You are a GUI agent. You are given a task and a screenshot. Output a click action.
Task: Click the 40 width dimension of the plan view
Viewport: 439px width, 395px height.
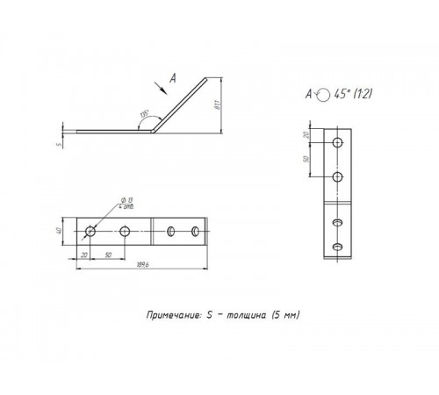(70, 231)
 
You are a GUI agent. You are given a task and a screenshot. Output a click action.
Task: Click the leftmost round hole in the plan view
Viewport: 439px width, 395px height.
(90, 232)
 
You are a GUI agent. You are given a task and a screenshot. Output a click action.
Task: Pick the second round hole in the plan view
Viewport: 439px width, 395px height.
(126, 232)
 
